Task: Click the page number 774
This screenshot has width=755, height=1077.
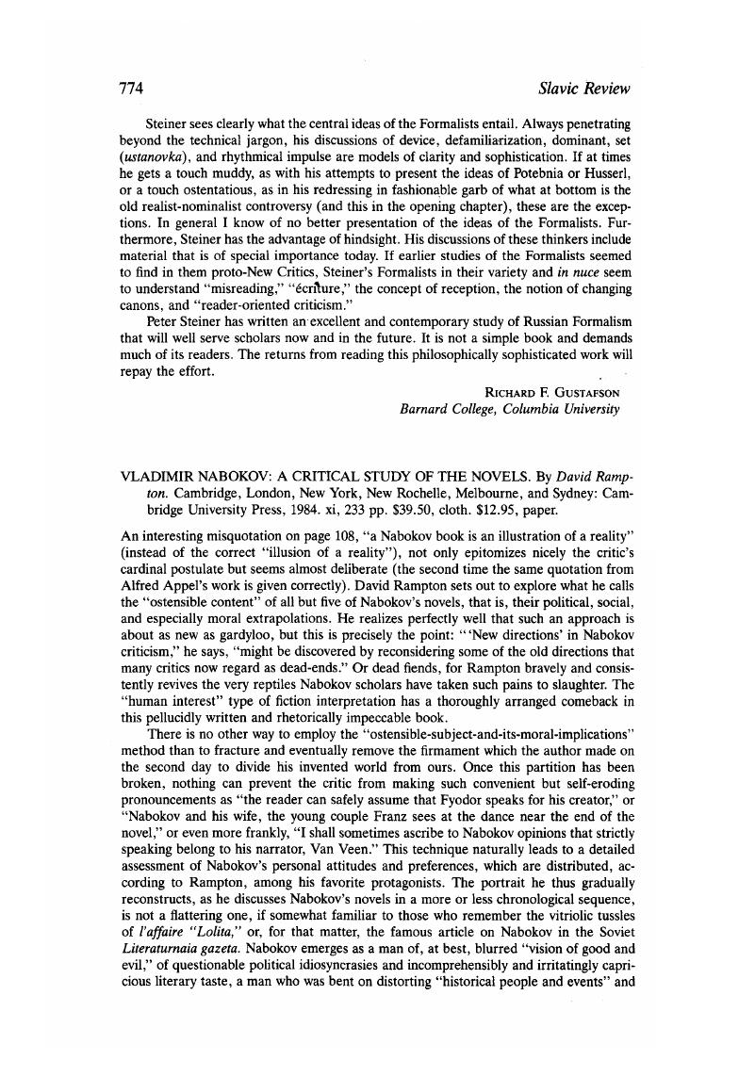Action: [x=130, y=89]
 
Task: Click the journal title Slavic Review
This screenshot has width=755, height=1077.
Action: [x=583, y=89]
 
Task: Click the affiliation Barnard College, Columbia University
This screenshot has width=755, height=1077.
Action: [x=510, y=409]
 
